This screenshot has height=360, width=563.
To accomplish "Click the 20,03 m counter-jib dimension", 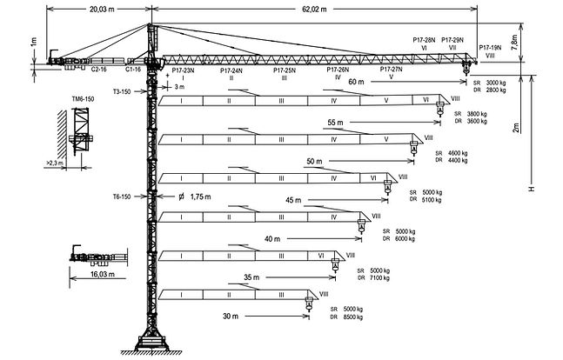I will coord(84,11).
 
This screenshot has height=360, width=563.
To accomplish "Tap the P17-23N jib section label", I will coord(183,70).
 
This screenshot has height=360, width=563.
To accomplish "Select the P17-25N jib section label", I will coord(285,70).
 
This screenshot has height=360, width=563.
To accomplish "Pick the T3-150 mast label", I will coord(122,90).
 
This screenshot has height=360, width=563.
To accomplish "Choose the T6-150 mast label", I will coord(123,197).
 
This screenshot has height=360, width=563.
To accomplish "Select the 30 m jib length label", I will coord(230,316).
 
